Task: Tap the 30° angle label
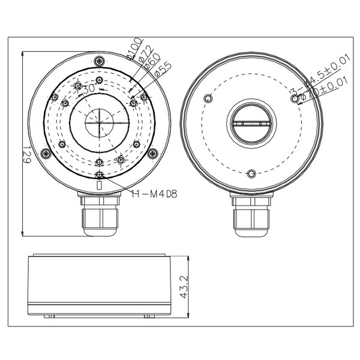point(88,89)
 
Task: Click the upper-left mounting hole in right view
point(208,98)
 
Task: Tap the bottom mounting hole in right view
point(250,174)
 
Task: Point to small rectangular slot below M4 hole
point(100,185)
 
